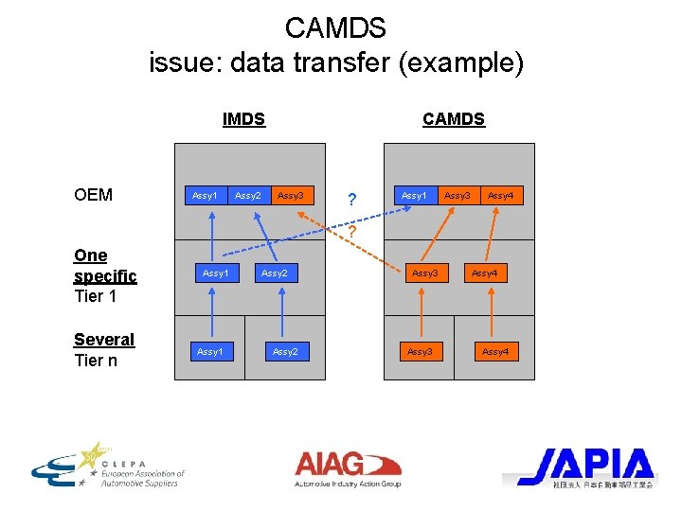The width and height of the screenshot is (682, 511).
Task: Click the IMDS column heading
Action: click(243, 119)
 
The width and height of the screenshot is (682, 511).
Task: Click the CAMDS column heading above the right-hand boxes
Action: click(453, 119)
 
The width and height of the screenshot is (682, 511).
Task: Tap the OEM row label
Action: click(93, 195)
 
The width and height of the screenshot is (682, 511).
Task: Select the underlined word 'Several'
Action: click(104, 340)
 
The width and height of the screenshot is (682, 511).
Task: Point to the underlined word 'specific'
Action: click(105, 276)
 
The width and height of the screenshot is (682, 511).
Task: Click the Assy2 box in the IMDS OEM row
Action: click(248, 196)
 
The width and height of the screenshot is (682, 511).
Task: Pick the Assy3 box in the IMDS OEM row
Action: click(291, 196)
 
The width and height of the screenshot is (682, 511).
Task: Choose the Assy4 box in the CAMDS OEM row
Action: click(500, 196)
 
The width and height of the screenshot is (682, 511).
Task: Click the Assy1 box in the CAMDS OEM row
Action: click(414, 196)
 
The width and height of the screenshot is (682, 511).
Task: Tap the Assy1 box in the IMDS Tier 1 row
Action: click(215, 273)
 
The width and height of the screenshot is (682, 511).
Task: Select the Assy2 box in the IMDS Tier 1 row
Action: click(274, 273)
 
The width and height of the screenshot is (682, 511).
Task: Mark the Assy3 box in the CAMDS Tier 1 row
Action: click(424, 273)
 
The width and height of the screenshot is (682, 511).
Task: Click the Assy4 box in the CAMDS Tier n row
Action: click(494, 352)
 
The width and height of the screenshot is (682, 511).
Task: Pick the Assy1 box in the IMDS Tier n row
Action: click(209, 352)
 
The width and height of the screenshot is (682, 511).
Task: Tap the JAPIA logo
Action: click(584, 467)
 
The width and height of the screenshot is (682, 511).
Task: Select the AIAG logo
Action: click(348, 467)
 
